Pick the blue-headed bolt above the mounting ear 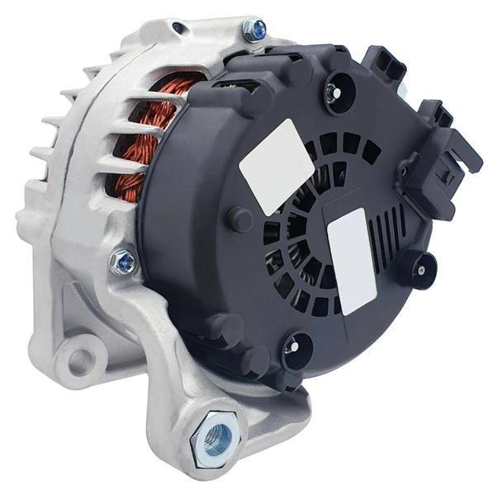point(124,262)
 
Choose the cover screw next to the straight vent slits point(418,267)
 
